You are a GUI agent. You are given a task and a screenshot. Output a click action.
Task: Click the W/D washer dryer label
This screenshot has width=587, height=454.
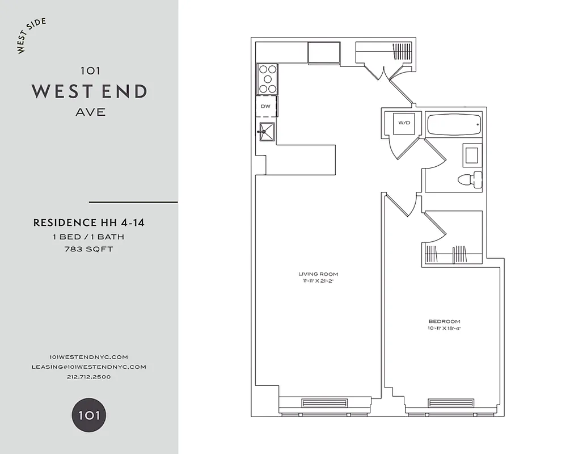[404, 123]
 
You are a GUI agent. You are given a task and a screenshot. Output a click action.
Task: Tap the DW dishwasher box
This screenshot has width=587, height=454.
[265, 107]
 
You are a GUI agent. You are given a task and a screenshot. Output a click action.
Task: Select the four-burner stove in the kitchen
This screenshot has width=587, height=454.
[268, 79]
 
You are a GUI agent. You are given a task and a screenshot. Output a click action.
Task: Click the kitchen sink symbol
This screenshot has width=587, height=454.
[266, 131]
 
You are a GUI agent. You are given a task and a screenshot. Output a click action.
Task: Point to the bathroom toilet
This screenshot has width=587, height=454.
[470, 180]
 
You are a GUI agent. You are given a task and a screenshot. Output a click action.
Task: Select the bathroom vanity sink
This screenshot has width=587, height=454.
[472, 154]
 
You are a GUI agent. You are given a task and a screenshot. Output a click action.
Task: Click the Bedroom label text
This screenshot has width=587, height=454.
[444, 321]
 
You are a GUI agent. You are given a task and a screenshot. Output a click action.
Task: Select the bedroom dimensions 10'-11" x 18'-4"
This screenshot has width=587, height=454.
[444, 328]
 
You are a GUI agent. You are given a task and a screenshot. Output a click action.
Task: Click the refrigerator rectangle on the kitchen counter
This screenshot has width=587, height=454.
[324, 53]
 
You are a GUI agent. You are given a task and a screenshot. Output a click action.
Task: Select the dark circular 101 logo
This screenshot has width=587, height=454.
[88, 415]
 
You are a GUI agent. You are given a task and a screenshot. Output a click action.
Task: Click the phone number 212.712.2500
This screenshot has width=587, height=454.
[88, 377]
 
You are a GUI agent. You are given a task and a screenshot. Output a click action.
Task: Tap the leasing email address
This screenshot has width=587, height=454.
[88, 367]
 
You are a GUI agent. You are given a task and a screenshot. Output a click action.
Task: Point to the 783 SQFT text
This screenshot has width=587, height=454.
[88, 249]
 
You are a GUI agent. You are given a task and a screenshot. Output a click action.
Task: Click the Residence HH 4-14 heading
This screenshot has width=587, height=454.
[88, 223]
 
